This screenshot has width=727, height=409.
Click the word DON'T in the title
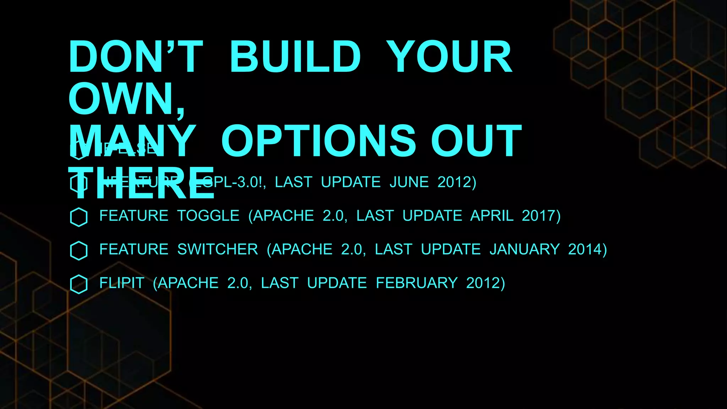136,57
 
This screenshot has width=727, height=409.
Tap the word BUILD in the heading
295,57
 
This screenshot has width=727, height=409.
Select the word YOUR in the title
449,57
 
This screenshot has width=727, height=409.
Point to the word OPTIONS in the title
318,141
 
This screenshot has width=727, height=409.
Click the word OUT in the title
476,141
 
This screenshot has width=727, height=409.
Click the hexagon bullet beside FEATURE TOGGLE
79,217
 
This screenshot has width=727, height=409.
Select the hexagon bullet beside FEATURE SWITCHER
79,251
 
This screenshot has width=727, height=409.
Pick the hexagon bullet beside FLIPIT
79,284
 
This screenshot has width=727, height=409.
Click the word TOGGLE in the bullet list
208,216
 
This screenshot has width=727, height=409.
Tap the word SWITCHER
218,250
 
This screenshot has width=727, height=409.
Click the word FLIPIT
122,283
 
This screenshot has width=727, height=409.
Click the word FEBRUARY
417,283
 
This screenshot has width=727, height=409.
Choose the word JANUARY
524,250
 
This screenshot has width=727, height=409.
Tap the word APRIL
492,216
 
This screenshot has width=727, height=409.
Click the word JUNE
409,182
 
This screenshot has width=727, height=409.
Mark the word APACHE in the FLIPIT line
188,283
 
